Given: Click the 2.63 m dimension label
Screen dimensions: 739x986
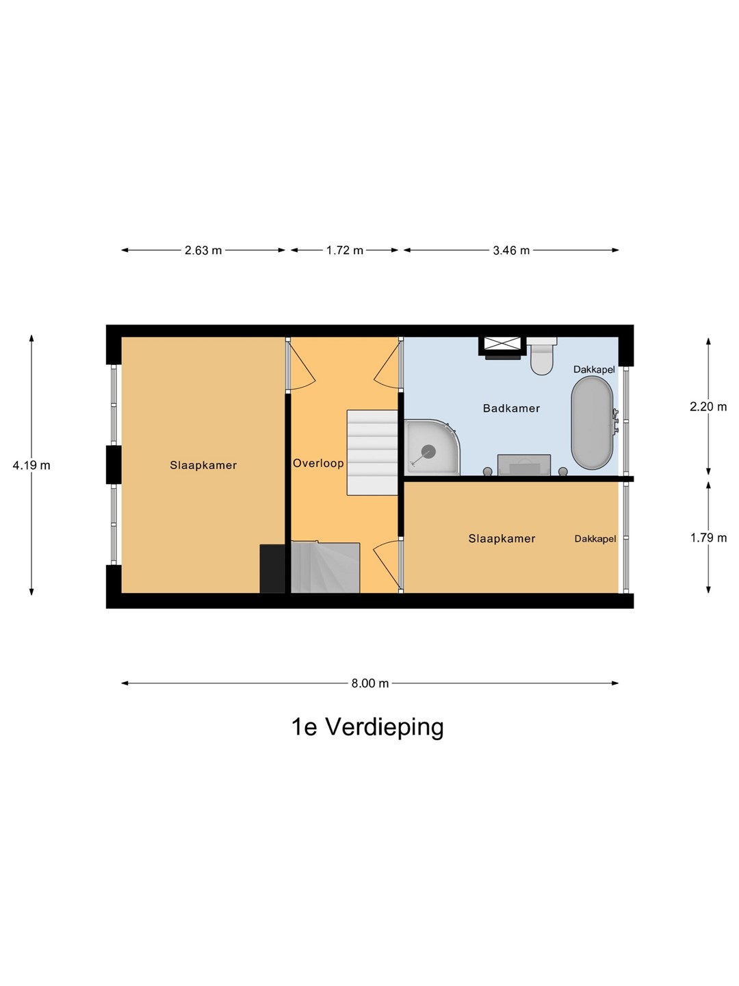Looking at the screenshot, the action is [203, 250].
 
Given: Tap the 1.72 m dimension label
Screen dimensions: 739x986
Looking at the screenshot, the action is [345, 250].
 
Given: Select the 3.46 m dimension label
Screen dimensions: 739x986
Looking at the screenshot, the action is [511, 250].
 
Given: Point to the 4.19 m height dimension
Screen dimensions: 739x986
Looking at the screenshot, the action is [31, 466].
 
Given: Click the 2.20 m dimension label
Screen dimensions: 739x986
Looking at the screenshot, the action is [708, 407].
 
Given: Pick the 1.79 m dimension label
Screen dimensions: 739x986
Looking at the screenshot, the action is [708, 538].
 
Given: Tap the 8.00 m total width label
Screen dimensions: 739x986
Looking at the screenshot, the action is [369, 683].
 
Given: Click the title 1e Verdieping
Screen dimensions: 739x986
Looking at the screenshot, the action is [367, 727].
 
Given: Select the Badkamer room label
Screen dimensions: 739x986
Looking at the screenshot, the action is [511, 408].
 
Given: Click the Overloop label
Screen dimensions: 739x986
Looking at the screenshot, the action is [318, 463].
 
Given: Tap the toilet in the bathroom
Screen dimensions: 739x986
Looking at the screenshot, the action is [541, 356].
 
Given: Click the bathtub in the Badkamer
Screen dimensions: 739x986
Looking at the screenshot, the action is [592, 422].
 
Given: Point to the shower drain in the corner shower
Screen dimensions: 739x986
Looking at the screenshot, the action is [428, 451].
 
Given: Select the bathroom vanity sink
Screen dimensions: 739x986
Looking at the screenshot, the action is [524, 464].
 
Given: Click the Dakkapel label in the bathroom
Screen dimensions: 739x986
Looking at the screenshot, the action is [594, 369].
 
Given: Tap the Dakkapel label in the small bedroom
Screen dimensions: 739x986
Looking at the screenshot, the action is [595, 539].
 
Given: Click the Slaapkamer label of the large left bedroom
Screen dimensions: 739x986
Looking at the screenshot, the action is [203, 466].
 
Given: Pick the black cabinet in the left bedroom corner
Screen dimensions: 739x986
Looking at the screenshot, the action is [272, 569].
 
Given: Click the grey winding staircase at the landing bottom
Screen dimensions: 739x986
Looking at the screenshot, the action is [325, 568].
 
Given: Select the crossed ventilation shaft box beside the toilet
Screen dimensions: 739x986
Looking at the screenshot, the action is [502, 344].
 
